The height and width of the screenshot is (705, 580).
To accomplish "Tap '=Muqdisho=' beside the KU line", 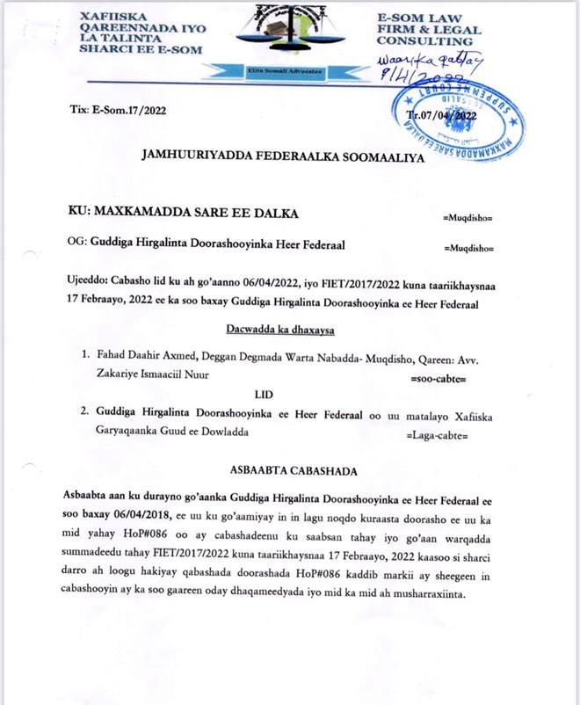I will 468,216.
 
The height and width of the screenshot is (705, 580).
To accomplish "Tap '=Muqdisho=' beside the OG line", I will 469,248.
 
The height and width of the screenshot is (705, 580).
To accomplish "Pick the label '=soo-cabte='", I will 439,380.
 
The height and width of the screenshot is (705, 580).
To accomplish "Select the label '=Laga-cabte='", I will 436,436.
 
